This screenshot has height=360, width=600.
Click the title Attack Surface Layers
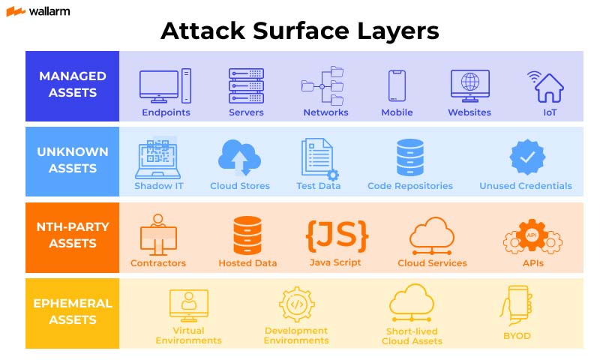(299, 31)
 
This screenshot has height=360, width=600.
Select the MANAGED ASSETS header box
(73, 85)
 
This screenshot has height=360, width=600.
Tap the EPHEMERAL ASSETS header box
(73, 312)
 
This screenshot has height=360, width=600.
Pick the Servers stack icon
(247, 85)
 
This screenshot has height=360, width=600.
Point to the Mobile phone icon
(397, 85)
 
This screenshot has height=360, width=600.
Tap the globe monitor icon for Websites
(469, 85)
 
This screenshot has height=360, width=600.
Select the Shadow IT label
(159, 186)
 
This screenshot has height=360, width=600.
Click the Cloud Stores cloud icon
(239, 157)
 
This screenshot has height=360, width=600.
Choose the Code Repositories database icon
(410, 157)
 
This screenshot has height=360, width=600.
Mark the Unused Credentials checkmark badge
(526, 157)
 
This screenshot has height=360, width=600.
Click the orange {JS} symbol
(336, 235)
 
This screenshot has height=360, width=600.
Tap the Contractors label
(158, 263)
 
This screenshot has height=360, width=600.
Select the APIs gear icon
(532, 236)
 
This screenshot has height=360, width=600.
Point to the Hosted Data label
(247, 263)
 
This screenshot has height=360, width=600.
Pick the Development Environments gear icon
(296, 304)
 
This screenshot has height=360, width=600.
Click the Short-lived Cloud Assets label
(412, 336)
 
